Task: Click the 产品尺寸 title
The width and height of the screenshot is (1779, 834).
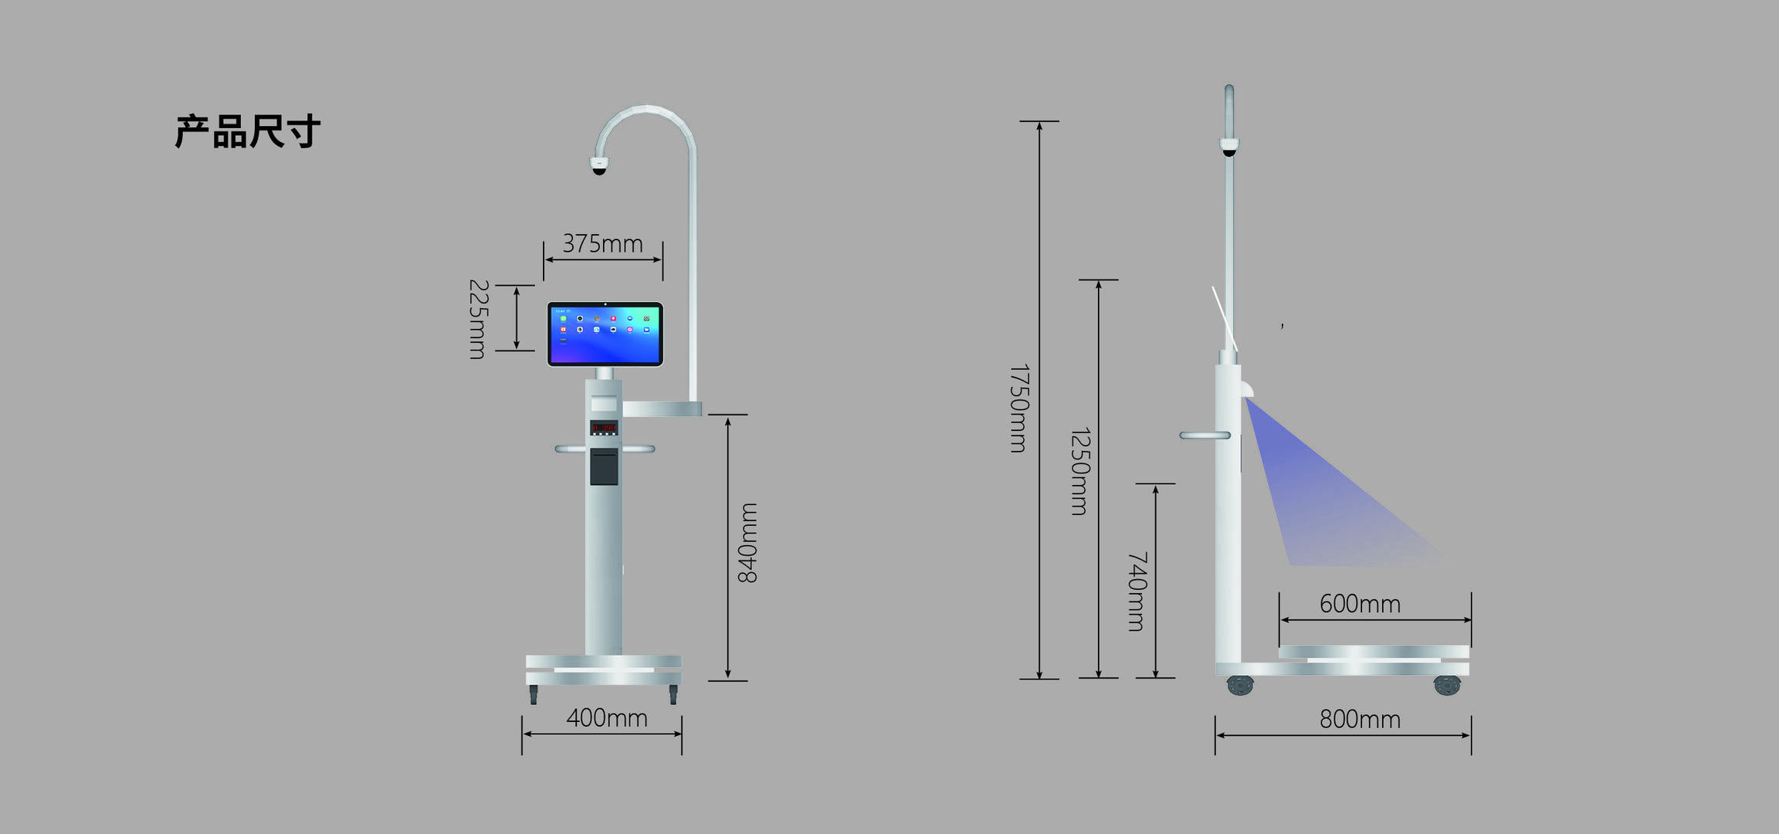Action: (247, 131)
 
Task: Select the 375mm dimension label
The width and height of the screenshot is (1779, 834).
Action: (602, 243)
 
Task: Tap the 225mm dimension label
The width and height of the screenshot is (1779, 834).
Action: (479, 319)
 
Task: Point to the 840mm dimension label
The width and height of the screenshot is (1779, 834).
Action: (747, 543)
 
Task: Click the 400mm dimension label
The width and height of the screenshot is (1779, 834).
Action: (607, 718)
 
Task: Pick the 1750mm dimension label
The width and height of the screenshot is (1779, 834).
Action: (1019, 408)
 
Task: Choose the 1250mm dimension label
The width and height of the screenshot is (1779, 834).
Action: (1079, 471)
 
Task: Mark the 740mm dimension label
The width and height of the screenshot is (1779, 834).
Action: (1137, 592)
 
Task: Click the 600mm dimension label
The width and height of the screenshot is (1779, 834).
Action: (1360, 604)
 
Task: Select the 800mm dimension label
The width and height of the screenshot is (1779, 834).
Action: (1360, 720)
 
